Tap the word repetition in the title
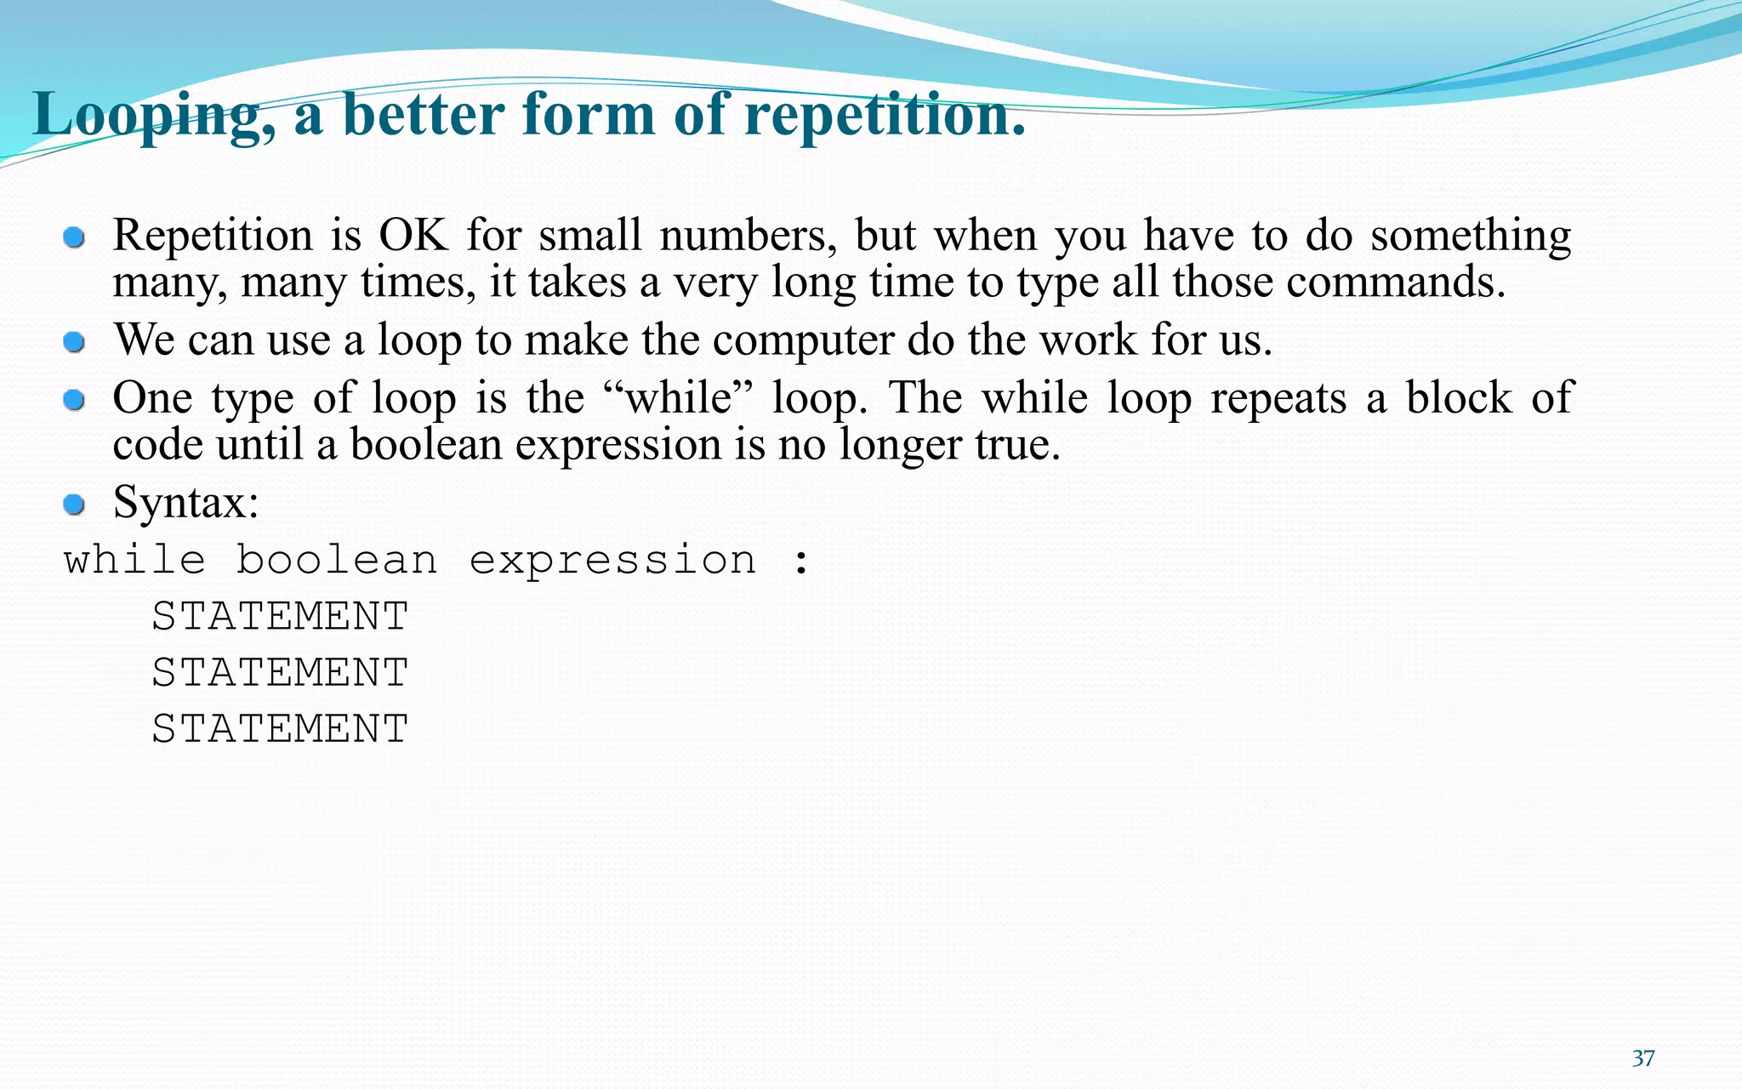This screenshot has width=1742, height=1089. pyautogui.click(x=885, y=115)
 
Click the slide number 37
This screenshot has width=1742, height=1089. pyautogui.click(x=1643, y=1058)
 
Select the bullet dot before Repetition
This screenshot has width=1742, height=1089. pyautogui.click(x=75, y=237)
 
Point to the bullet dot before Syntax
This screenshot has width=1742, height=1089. pyautogui.click(x=75, y=505)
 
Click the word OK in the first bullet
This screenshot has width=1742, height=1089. pyautogui.click(x=413, y=236)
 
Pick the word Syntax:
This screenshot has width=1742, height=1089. pyautogui.click(x=185, y=503)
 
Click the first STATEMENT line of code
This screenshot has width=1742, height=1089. pyautogui.click(x=280, y=616)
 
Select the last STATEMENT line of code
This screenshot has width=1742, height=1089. pyautogui.click(x=280, y=729)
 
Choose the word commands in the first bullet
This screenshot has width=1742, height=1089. pyautogui.click(x=1395, y=282)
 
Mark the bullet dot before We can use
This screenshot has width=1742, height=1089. pyautogui.click(x=75, y=342)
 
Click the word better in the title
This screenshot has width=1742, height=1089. pyautogui.click(x=422, y=115)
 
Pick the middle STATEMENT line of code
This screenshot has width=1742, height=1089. pyautogui.click(x=280, y=673)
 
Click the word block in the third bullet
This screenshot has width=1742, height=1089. pyautogui.click(x=1458, y=398)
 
